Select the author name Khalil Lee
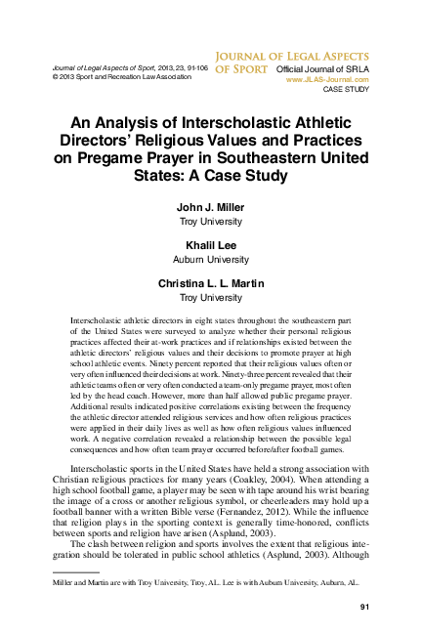[x=212, y=246]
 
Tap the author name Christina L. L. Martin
[x=212, y=283]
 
